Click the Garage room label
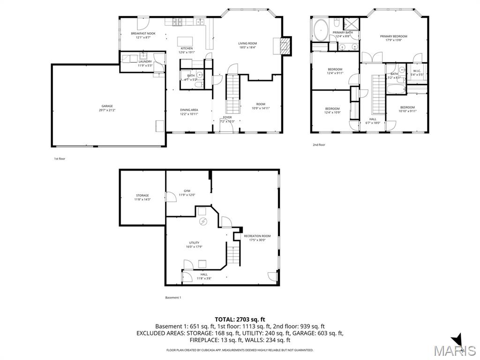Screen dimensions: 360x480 [107, 106]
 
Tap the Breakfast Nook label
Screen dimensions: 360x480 [143, 33]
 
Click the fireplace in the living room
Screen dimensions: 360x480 [285, 45]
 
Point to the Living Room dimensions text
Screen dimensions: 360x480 [247, 47]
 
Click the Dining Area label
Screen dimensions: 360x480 [189, 110]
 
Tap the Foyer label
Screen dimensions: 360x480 [227, 117]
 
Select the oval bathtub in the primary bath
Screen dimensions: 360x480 [321, 30]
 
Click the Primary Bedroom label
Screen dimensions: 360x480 [393, 36]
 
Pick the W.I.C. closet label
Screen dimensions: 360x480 [417, 71]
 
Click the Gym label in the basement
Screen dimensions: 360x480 [187, 191]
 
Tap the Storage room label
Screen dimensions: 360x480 [142, 195]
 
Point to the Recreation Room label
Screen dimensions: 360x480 [257, 236]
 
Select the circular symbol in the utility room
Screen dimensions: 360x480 [203, 222]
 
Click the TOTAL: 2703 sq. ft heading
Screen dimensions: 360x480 [240, 319]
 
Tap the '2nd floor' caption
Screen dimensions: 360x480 [319, 145]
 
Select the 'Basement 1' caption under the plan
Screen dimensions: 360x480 [173, 298]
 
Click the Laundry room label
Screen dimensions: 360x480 [145, 61]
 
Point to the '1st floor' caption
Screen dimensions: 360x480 [60, 159]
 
